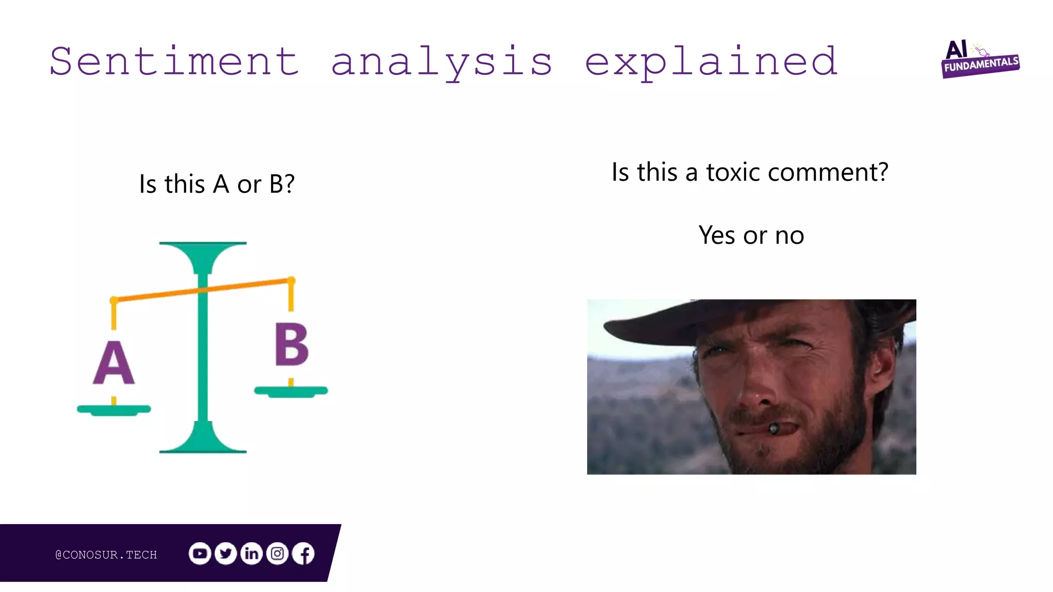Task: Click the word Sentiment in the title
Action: click(x=174, y=62)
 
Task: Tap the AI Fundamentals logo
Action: click(x=980, y=60)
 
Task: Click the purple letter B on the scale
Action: click(x=292, y=345)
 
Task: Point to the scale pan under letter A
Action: click(x=114, y=410)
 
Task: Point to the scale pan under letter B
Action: click(x=291, y=391)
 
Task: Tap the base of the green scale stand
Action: click(x=203, y=443)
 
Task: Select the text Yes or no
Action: click(x=751, y=235)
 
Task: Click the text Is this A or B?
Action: click(x=216, y=184)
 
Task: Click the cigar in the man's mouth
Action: click(x=773, y=428)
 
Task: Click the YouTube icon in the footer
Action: click(x=199, y=553)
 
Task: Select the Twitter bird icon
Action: click(x=226, y=553)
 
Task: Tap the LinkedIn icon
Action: click(x=251, y=553)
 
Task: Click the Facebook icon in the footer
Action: click(x=304, y=553)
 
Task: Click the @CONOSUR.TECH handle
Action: click(x=106, y=554)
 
